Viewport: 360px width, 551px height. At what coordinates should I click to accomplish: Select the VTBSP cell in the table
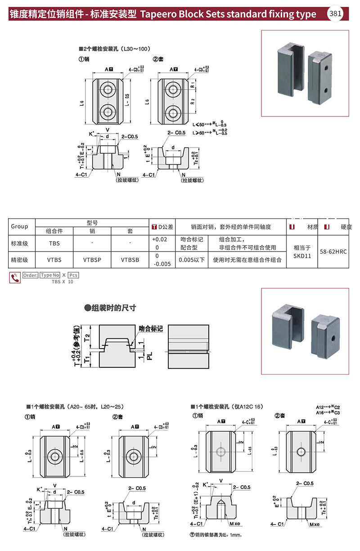pyautogui.click(x=92, y=260)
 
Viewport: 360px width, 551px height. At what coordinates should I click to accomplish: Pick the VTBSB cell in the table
pyautogui.click(x=130, y=260)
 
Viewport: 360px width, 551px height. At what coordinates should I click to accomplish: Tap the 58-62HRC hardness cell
pyautogui.click(x=333, y=251)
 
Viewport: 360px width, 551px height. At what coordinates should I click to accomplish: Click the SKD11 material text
pyautogui.click(x=302, y=255)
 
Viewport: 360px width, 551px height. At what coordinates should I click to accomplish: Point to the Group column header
pyautogui.click(x=19, y=226)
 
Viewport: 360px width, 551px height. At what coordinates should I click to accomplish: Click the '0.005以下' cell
pyautogui.click(x=192, y=260)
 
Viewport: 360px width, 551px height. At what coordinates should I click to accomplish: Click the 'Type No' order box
pyautogui.click(x=49, y=275)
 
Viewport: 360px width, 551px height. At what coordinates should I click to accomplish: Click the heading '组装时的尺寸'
pyautogui.click(x=113, y=308)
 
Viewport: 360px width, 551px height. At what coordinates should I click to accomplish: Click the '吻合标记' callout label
pyautogui.click(x=150, y=329)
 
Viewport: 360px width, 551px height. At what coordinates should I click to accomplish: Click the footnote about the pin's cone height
pyautogui.click(x=216, y=535)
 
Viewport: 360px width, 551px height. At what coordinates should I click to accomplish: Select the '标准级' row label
pyautogui.click(x=19, y=243)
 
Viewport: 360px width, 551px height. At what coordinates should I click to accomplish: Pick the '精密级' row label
pyautogui.click(x=19, y=260)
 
